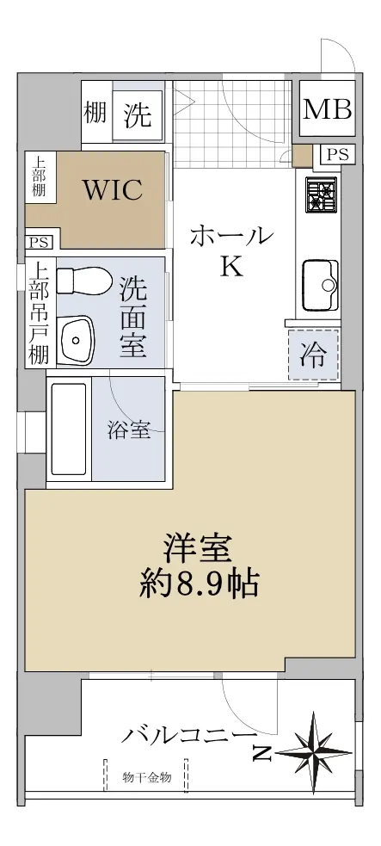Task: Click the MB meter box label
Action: point(327,109)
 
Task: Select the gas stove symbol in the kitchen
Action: point(321,195)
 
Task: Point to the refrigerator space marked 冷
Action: point(313,355)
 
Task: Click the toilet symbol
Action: point(84,281)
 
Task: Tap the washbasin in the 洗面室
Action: point(77,341)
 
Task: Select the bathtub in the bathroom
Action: point(69,429)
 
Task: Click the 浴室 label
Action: point(128,430)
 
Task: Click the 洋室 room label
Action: point(199,549)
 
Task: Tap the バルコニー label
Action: point(188,735)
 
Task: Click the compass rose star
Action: point(313,751)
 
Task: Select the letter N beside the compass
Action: point(262,753)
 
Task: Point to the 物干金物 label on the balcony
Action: point(146,777)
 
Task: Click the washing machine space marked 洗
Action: point(138,114)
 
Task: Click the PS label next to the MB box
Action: point(338,155)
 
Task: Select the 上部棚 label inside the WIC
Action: point(38,176)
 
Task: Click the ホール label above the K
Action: point(230,237)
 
